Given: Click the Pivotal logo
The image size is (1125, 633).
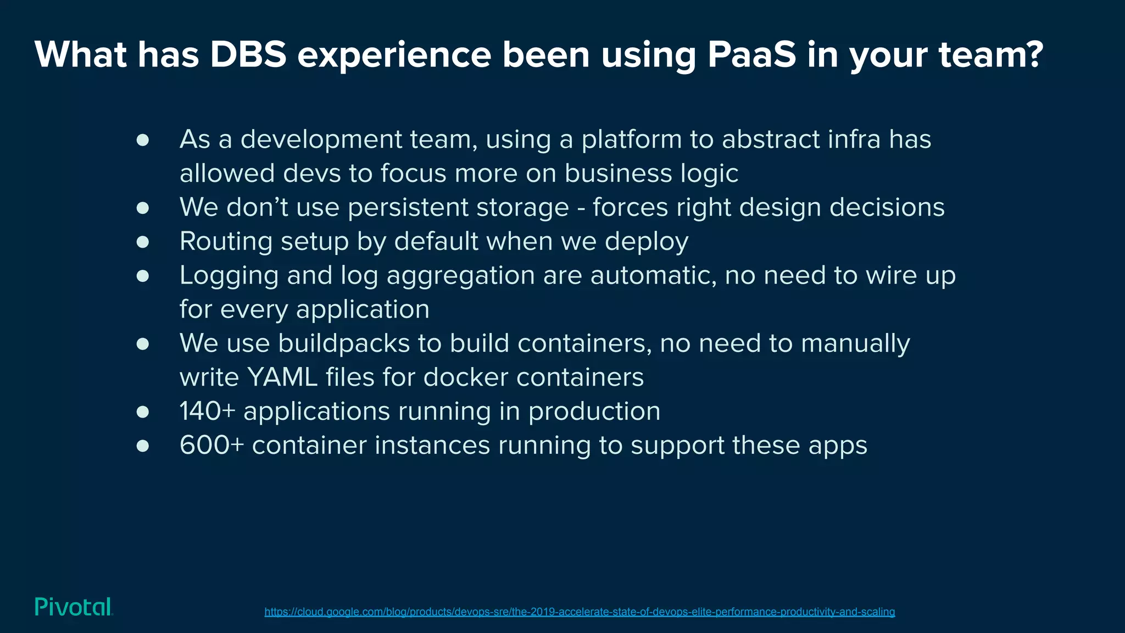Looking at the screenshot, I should tap(74, 607).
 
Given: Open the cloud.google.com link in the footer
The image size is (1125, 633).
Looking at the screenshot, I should tap(580, 612).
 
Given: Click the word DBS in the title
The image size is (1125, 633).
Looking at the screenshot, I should tap(248, 54).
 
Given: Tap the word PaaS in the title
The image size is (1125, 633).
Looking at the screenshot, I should tap(751, 54).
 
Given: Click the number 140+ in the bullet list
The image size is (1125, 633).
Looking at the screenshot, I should tap(207, 411).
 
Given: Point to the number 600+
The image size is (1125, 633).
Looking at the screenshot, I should tap(211, 445).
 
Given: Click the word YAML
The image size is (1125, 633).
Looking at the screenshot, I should tap(282, 377).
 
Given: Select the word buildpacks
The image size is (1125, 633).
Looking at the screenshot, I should tap(344, 343).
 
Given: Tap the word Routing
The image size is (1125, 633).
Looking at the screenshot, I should tap(226, 242).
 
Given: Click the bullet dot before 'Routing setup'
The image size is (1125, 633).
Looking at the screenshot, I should tap(143, 242).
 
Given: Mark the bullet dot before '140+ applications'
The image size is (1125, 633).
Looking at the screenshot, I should tap(143, 412).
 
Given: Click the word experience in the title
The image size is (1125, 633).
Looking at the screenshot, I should tap(394, 54).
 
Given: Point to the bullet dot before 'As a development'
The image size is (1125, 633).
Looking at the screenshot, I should tap(143, 140).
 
